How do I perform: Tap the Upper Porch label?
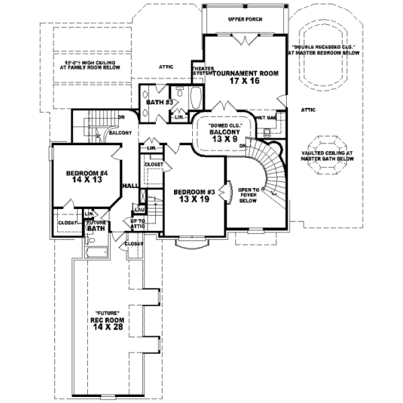coord(244,19)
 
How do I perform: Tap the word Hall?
coord(130,186)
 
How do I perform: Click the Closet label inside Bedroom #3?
coord(154,163)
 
